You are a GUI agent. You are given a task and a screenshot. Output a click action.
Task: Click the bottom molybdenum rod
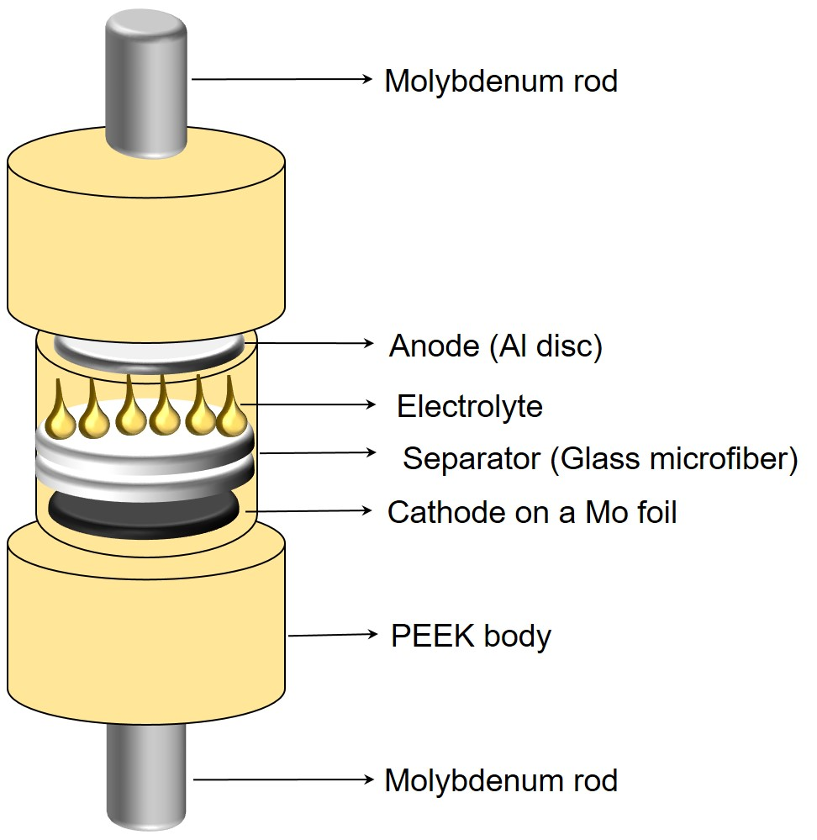click(x=145, y=778)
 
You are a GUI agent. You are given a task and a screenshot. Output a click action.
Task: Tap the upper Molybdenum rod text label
click(x=500, y=81)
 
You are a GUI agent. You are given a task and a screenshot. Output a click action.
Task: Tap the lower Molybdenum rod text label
click(x=500, y=780)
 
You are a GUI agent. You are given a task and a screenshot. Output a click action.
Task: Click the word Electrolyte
click(x=469, y=407)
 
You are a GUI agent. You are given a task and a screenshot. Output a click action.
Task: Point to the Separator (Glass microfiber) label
click(x=599, y=459)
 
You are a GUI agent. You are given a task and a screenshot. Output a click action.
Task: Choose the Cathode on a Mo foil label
click(x=531, y=512)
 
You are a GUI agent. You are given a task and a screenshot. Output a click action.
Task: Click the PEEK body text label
click(x=471, y=636)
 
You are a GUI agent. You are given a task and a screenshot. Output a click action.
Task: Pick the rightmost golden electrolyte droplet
click(x=232, y=413)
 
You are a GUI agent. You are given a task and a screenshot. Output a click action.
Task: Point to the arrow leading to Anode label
click(x=311, y=344)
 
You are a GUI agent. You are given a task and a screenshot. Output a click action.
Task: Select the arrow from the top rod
click(x=282, y=79)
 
